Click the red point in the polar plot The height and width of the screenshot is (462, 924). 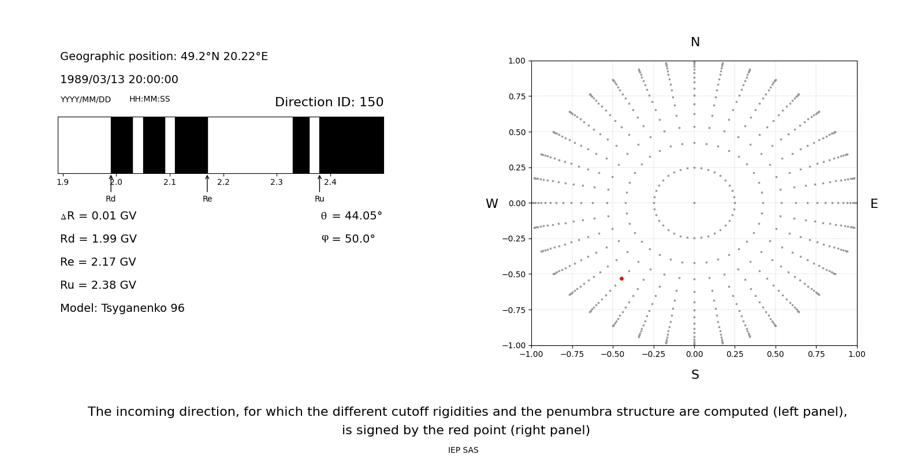pos(621,278)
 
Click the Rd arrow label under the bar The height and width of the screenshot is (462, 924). pos(110,199)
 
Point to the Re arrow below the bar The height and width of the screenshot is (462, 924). pos(207,184)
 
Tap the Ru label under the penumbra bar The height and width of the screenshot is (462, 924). pos(319,199)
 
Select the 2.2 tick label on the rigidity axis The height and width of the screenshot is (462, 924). pos(223,182)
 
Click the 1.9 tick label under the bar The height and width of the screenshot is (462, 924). pos(62,182)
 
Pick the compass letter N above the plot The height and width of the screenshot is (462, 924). pos(695,42)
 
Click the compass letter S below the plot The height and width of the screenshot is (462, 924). pos(695,375)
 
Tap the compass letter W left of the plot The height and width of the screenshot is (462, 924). pos(491,204)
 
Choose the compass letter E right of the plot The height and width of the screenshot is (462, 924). pos(874,204)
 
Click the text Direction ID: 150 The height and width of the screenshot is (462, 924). pos(329,102)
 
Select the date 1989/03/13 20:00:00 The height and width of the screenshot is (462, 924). pos(119,80)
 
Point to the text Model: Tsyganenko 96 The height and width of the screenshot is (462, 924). pos(122,308)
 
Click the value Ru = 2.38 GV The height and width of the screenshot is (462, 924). pos(98,285)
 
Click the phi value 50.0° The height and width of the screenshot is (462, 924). pos(348,239)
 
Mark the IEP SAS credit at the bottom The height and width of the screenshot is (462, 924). pos(463,450)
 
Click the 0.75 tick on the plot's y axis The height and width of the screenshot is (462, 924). pos(516,96)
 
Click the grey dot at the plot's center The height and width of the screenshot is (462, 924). pos(694,203)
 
